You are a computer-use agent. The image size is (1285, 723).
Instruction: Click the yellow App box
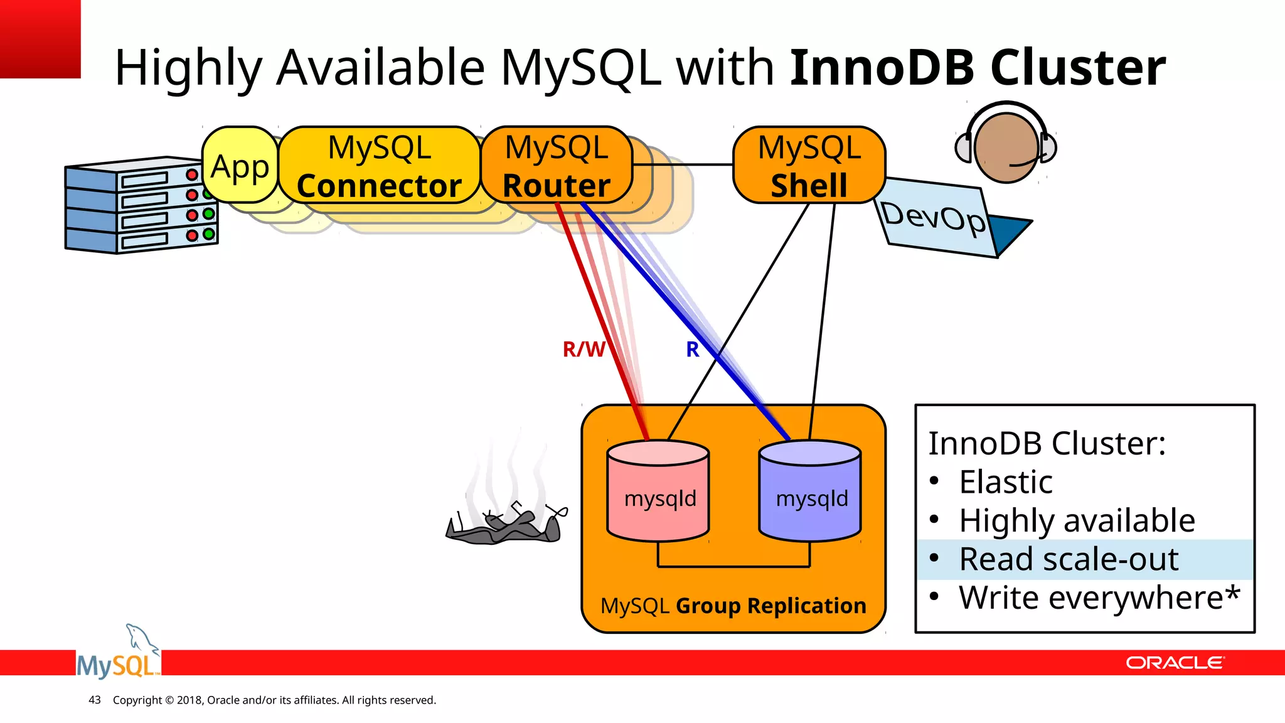(240, 166)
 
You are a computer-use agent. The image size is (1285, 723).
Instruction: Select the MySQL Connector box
(379, 166)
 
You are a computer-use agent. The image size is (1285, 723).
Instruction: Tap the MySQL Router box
(557, 166)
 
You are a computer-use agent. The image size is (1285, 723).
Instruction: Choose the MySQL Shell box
(809, 166)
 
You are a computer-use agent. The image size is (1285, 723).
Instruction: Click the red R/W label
(584, 349)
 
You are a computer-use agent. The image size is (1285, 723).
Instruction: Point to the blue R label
(692, 349)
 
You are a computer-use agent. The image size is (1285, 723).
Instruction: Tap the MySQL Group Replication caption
(733, 606)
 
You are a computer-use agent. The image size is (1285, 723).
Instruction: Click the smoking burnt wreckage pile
(505, 524)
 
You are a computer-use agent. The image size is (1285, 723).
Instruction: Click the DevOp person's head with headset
(1006, 147)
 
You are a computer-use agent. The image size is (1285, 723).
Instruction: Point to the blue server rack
(141, 206)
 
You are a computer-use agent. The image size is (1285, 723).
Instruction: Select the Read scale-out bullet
(1069, 559)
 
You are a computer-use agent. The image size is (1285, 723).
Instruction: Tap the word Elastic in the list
(1006, 482)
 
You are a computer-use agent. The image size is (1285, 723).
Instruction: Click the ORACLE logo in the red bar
(1174, 663)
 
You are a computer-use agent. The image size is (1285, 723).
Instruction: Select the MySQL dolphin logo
(118, 656)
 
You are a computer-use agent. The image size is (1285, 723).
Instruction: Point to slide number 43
(95, 700)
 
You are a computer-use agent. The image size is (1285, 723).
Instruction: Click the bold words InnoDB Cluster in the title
(978, 67)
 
